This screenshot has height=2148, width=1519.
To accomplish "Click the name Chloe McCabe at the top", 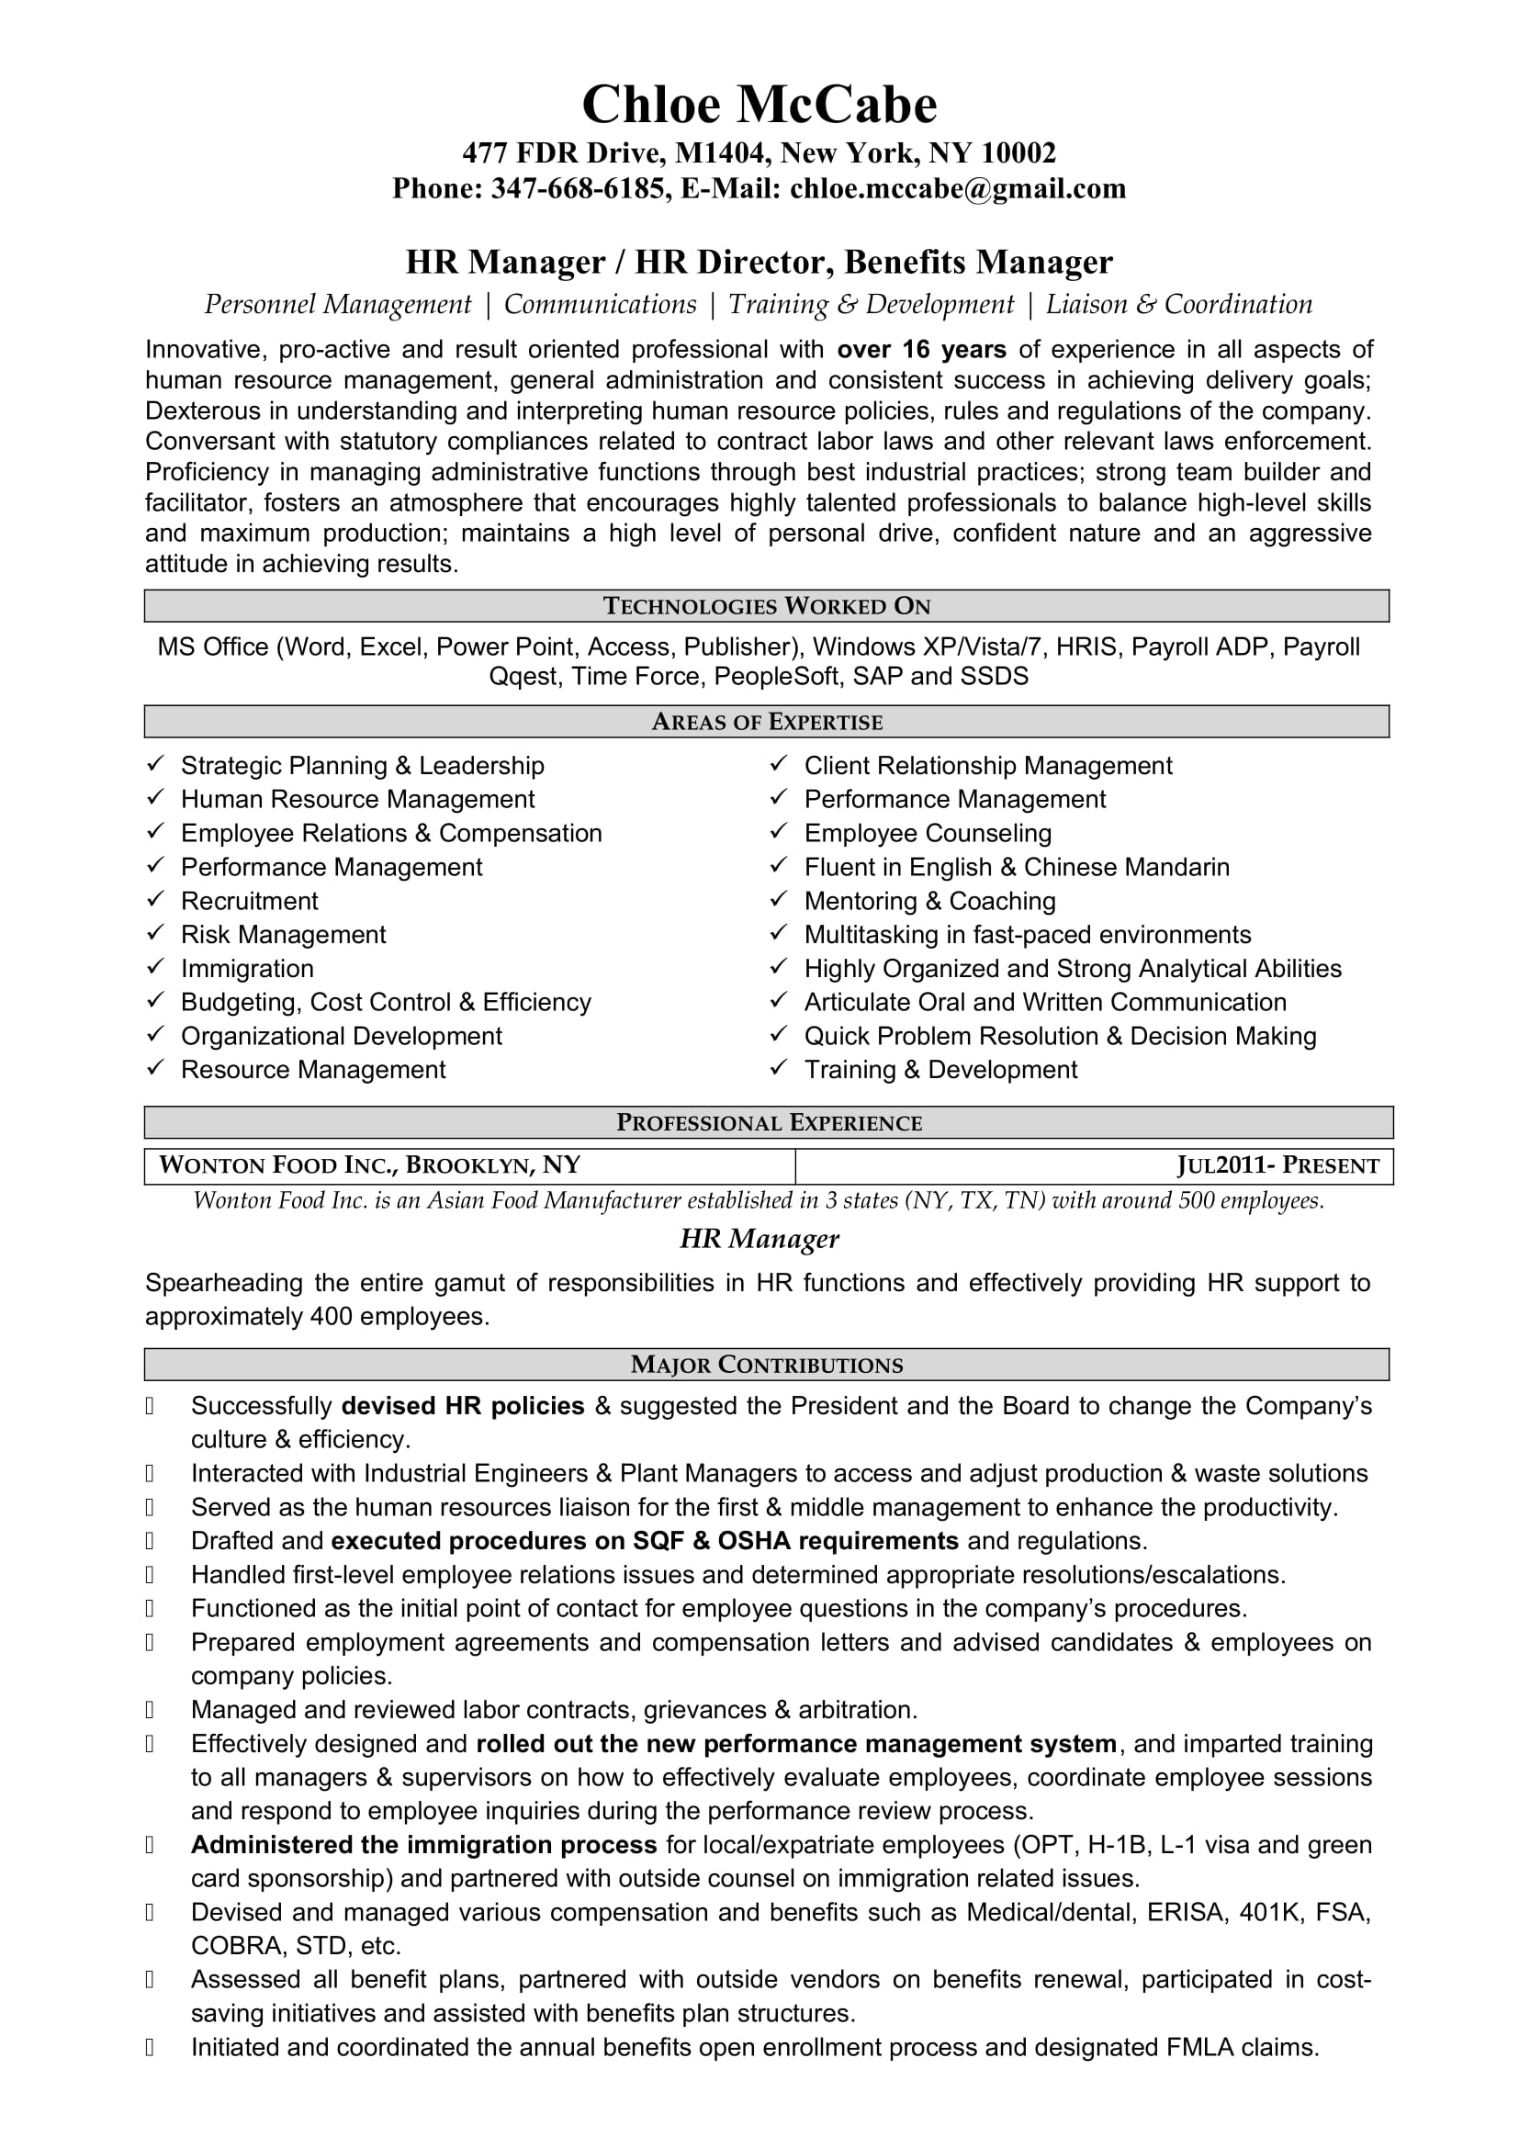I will point(759,105).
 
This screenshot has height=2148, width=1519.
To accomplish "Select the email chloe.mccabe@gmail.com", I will point(958,189).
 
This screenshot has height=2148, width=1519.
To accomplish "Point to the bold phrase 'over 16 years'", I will point(921,350).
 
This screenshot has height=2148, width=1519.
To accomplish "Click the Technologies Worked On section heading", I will point(767,606).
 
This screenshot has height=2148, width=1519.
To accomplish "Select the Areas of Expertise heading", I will point(767,722).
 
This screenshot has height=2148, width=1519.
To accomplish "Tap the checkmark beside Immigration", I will point(155,967).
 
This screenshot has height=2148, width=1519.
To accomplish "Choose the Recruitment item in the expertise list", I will point(250,901).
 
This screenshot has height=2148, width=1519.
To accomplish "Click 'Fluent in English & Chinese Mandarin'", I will point(1017,867).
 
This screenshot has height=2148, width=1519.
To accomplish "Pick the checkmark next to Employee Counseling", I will point(778,832).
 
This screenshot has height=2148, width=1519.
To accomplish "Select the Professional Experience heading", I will point(769,1122).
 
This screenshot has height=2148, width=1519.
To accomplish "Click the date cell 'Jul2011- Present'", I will point(1277,1165).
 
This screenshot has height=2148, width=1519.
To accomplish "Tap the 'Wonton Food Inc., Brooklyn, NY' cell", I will point(370,1165).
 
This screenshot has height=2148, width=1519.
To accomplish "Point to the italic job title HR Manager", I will point(759,1239).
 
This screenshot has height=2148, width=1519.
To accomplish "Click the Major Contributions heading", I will point(767,1365).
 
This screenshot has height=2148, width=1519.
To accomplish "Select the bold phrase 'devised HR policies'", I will point(463,1406).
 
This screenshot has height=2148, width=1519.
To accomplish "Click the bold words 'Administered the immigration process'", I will point(423,1845).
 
